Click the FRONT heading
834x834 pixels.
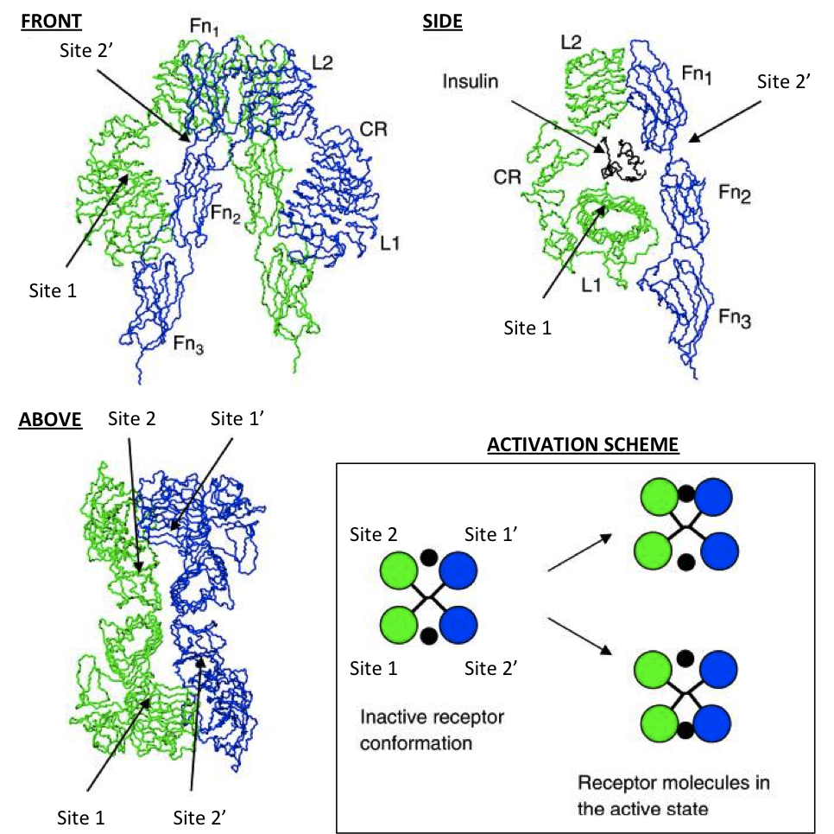point(51,22)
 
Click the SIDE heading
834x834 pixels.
point(443,22)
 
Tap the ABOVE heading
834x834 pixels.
point(51,419)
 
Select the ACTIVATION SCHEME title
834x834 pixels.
point(583,444)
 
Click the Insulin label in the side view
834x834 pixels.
point(471,81)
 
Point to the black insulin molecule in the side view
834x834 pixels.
point(622,160)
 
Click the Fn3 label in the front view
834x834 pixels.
point(188,344)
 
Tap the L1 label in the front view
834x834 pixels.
point(389,244)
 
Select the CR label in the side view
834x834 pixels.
point(507,177)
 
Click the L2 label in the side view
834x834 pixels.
point(572,42)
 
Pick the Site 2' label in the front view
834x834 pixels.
point(86,51)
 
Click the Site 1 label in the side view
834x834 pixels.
point(528,328)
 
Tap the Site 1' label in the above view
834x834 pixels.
point(237,418)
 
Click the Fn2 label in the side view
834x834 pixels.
point(735,193)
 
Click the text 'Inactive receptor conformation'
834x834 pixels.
point(432,729)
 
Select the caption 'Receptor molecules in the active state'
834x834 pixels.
point(673,796)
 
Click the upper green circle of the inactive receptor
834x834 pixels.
point(398,570)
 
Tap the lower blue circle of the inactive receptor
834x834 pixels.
point(458,625)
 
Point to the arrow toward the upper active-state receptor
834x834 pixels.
point(579,553)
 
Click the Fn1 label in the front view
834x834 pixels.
point(205,27)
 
